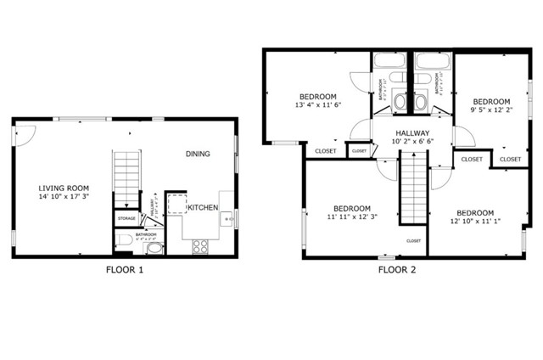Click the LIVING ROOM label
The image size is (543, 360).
64,188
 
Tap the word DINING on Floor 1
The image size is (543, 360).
198,154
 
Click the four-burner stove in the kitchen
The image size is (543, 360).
201,246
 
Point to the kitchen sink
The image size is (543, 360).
227,220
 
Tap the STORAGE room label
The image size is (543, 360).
126,218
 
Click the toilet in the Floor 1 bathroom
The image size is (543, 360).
124,241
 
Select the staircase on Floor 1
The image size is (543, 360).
126,178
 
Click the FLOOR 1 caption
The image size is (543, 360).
124,270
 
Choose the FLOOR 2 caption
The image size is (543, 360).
397,270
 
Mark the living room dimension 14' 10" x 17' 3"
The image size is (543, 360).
64,197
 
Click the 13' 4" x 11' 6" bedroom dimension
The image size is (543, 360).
316,105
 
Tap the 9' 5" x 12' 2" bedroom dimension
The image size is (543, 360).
490,110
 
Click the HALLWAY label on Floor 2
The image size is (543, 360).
411,132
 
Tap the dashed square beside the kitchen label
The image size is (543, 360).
176,203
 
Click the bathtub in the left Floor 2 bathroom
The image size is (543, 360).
389,62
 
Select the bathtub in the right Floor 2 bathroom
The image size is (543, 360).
433,62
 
